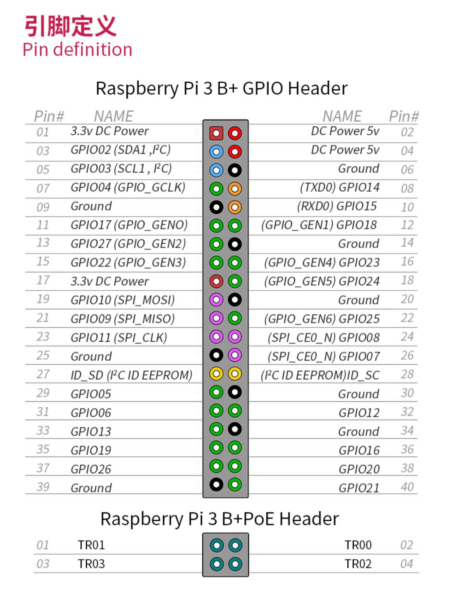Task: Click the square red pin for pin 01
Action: tap(216, 133)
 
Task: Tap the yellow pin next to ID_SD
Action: tap(216, 374)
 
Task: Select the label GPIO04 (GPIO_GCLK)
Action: tap(128, 188)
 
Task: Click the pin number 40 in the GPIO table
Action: tap(407, 487)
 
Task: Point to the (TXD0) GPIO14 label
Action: tap(339, 188)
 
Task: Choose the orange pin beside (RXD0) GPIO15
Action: tap(235, 207)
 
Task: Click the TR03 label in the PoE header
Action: tap(91, 564)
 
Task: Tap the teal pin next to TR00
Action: tap(235, 545)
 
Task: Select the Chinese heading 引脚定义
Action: tap(71, 26)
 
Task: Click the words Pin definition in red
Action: tap(77, 50)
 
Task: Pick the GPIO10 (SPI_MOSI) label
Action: tap(122, 300)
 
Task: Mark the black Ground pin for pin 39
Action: tap(216, 484)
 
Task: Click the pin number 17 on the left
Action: tap(43, 280)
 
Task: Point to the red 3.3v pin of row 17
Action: tap(216, 281)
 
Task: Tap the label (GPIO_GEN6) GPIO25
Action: tap(321, 319)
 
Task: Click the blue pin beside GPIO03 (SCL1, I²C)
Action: tap(216, 170)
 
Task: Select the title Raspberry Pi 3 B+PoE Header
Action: tap(220, 519)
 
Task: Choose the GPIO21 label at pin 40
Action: tap(359, 488)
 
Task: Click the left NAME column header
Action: tap(114, 116)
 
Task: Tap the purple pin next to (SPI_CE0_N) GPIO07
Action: tap(235, 355)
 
